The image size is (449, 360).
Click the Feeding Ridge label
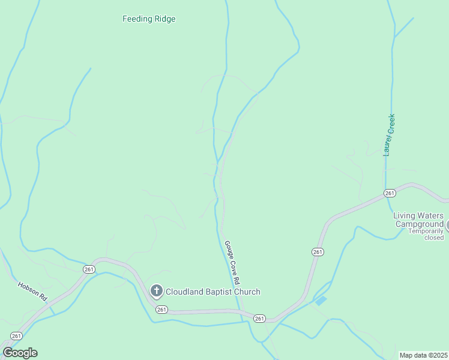[x=149, y=19]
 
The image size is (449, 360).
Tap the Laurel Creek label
[x=390, y=135]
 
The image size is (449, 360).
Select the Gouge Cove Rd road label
[x=232, y=263]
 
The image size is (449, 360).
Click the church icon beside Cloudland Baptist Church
[x=156, y=292]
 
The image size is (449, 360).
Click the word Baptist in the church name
[x=220, y=292]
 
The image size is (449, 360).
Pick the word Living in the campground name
[x=405, y=215]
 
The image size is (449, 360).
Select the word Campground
[x=419, y=224]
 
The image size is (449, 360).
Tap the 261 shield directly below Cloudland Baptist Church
[x=161, y=309]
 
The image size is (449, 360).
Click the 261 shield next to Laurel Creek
[x=390, y=193]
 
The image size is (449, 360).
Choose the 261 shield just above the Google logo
[x=16, y=336]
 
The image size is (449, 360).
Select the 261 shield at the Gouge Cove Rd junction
[x=259, y=318]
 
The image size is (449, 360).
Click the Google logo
[x=20, y=353]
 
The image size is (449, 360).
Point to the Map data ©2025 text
[x=423, y=355]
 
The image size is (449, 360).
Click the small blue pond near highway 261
[x=321, y=300]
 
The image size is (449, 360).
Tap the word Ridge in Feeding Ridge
[x=164, y=19]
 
